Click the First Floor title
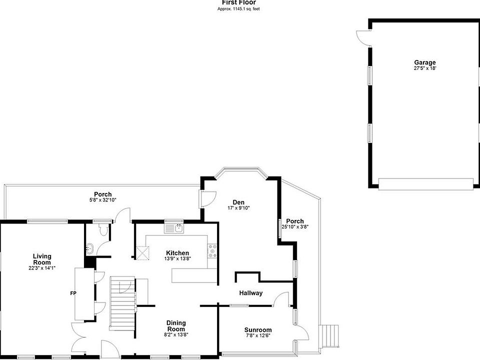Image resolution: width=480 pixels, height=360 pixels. click(239, 2)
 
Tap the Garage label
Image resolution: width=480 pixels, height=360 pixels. click(425, 63)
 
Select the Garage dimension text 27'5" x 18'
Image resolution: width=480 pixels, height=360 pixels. click(425, 68)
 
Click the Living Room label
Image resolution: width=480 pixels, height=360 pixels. click(42, 259)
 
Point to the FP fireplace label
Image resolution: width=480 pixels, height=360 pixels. click(73, 293)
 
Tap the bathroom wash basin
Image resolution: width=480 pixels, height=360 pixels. click(89, 248)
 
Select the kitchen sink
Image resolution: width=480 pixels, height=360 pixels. click(174, 228)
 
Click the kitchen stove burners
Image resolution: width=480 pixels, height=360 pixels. click(212, 251)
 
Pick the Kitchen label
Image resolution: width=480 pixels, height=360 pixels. click(177, 253)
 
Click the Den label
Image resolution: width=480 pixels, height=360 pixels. click(238, 202)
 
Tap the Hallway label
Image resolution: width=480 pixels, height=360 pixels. click(250, 293)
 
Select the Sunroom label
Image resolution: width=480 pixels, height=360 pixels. click(258, 330)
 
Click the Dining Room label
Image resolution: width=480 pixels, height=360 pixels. click(176, 325)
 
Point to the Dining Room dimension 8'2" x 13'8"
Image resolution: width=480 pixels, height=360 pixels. click(176, 334)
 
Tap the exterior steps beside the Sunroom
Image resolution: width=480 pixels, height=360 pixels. click(329, 336)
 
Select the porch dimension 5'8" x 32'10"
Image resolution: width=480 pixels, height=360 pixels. click(103, 200)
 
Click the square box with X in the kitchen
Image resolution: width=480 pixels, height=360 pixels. click(143, 253)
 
